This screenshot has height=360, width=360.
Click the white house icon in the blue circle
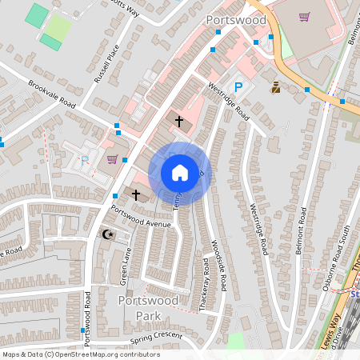(179, 173)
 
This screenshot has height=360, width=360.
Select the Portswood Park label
(144, 307)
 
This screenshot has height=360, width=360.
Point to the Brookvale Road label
(51, 94)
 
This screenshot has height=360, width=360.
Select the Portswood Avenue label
(142, 217)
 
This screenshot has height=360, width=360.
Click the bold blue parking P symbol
(238, 87)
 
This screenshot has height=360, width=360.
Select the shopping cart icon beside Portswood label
(303, 16)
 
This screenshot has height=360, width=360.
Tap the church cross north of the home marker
(178, 121)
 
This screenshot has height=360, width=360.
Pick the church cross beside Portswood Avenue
(136, 194)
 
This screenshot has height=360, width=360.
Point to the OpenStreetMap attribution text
(80, 354)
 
